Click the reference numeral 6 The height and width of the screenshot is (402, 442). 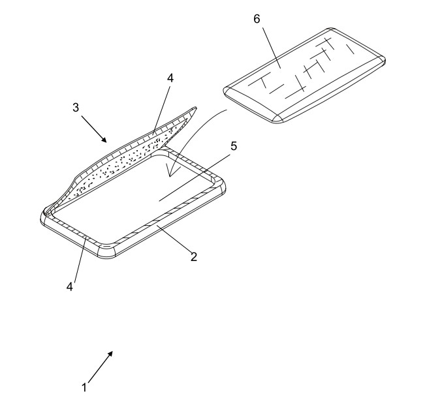coord(257,19)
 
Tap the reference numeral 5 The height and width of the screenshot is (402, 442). coord(234,146)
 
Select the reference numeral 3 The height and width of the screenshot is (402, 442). coord(76,107)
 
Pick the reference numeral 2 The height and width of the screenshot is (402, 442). coord(194,257)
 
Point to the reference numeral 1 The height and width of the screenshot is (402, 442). coord(84,388)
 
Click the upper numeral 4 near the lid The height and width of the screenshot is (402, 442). coord(170,78)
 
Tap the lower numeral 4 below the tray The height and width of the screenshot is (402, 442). coord(70,286)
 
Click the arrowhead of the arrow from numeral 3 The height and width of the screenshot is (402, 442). coord(104,140)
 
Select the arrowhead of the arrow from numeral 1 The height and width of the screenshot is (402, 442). coord(110,354)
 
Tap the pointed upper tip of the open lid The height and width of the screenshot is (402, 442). coord(195,108)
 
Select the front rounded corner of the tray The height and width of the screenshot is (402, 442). coord(106,251)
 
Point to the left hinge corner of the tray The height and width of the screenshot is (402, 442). coord(46,215)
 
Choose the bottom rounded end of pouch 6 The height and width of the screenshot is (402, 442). coord(277,117)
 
